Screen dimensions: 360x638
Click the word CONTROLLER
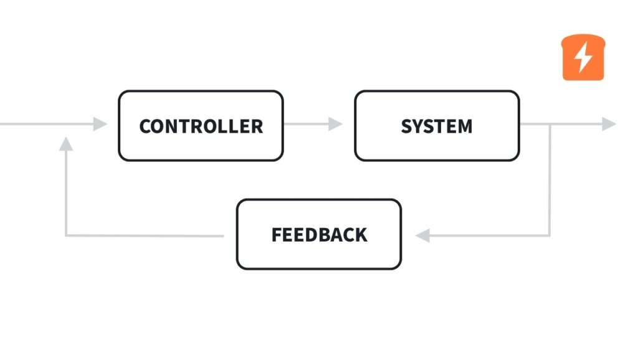pyautogui.click(x=201, y=126)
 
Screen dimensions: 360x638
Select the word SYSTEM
pyautogui.click(x=436, y=126)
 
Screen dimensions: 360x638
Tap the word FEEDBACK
pyautogui.click(x=319, y=235)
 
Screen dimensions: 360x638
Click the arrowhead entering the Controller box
pyautogui.click(x=100, y=124)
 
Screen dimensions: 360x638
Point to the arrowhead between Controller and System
pyautogui.click(x=336, y=124)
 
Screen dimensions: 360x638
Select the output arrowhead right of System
pyautogui.click(x=609, y=124)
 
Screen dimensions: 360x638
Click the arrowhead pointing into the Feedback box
pyautogui.click(x=423, y=235)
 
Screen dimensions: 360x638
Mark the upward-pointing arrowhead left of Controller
pyautogui.click(x=66, y=144)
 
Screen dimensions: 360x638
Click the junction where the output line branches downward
pyautogui.click(x=550, y=124)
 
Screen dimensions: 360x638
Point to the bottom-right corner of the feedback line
pyautogui.click(x=550, y=235)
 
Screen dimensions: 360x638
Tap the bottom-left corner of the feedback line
pyautogui.click(x=66, y=235)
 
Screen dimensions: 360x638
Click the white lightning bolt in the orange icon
pyautogui.click(x=583, y=58)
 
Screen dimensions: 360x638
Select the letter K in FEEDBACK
pyautogui.click(x=361, y=235)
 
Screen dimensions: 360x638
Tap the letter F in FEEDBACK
pyautogui.click(x=277, y=235)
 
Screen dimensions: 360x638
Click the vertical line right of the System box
pyautogui.click(x=550, y=181)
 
